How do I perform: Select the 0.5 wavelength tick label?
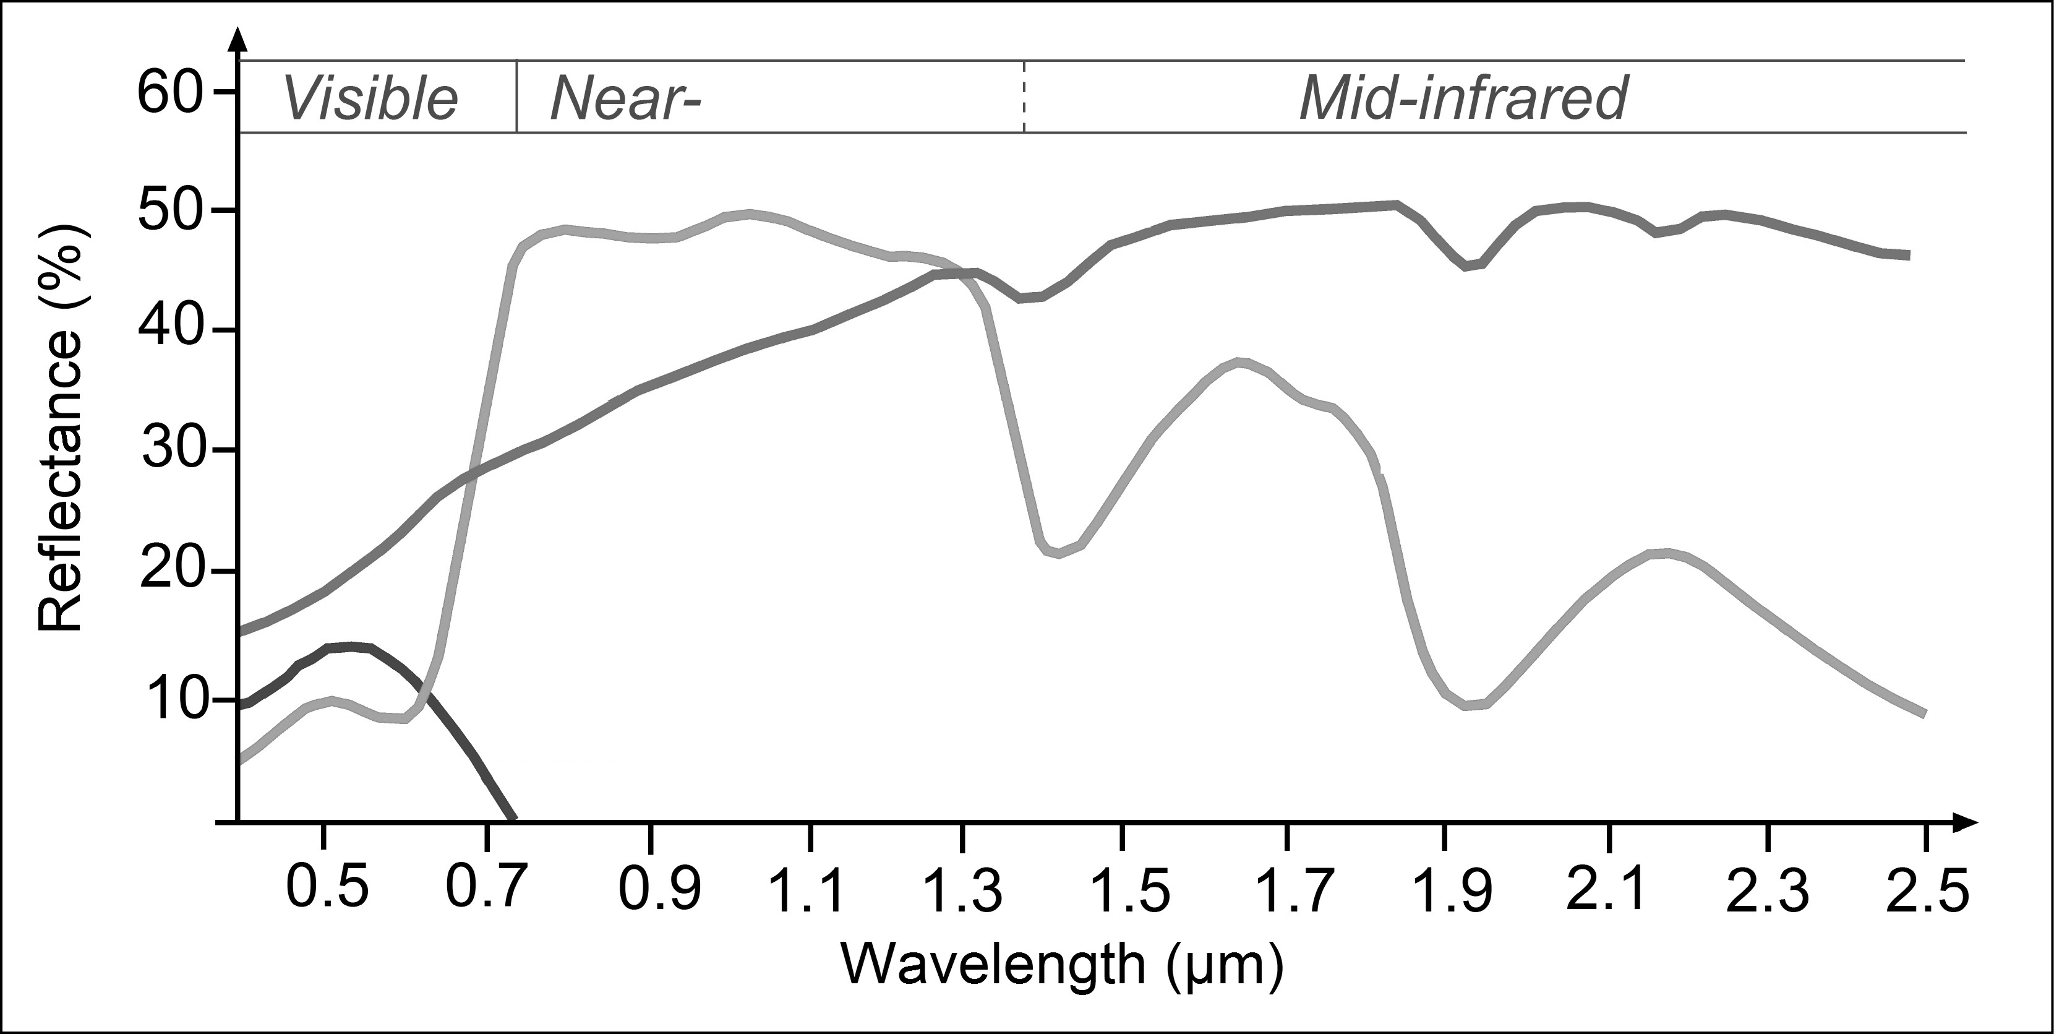(328, 890)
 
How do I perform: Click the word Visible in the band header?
(370, 99)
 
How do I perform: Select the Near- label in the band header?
(624, 99)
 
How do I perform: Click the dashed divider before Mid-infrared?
(1024, 97)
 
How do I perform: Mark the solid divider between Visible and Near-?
(516, 97)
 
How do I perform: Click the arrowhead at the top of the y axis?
(237, 40)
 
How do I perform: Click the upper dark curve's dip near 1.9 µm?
(1469, 265)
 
